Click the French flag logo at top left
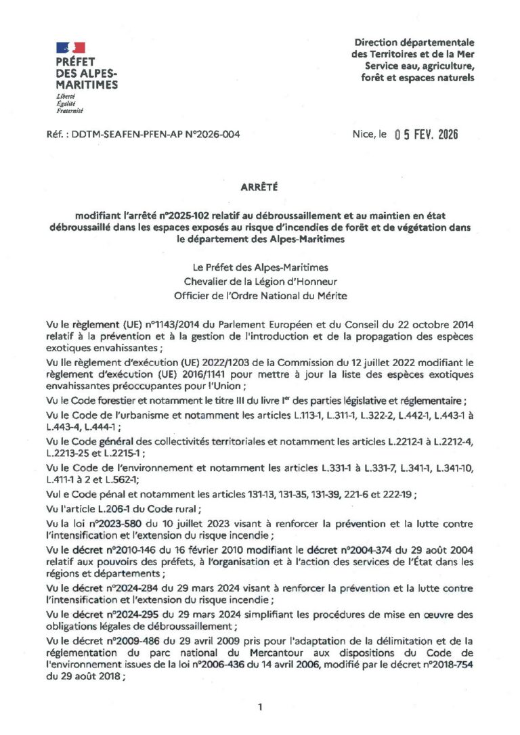(x=71, y=47)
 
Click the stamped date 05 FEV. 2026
(x=426, y=134)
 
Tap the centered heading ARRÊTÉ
(x=259, y=185)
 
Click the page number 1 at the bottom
(x=260, y=707)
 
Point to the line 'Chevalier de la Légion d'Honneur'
(x=260, y=281)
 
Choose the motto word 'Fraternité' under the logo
(x=70, y=110)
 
